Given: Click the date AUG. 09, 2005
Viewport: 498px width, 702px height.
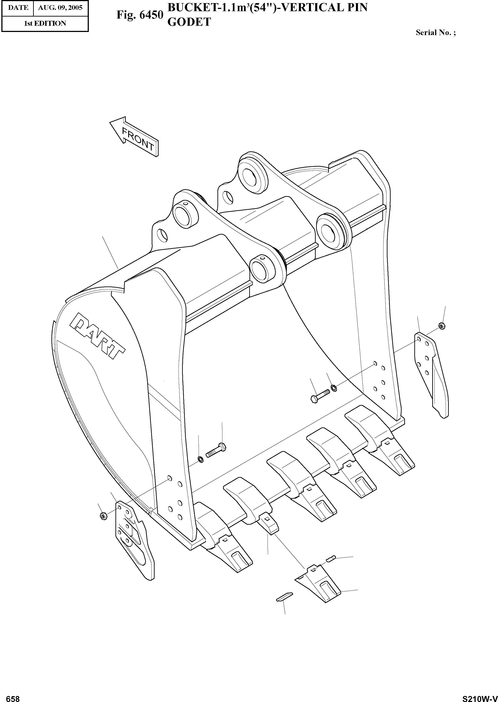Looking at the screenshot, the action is [60, 8].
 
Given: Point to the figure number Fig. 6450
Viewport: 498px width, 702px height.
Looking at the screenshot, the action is [140, 15].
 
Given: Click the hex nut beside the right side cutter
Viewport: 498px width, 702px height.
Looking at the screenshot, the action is [442, 326].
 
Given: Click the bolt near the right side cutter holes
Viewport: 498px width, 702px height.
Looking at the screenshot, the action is [320, 396].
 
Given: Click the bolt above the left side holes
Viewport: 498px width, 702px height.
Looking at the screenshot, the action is [216, 451].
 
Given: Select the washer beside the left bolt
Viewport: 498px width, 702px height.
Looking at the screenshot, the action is [200, 459].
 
